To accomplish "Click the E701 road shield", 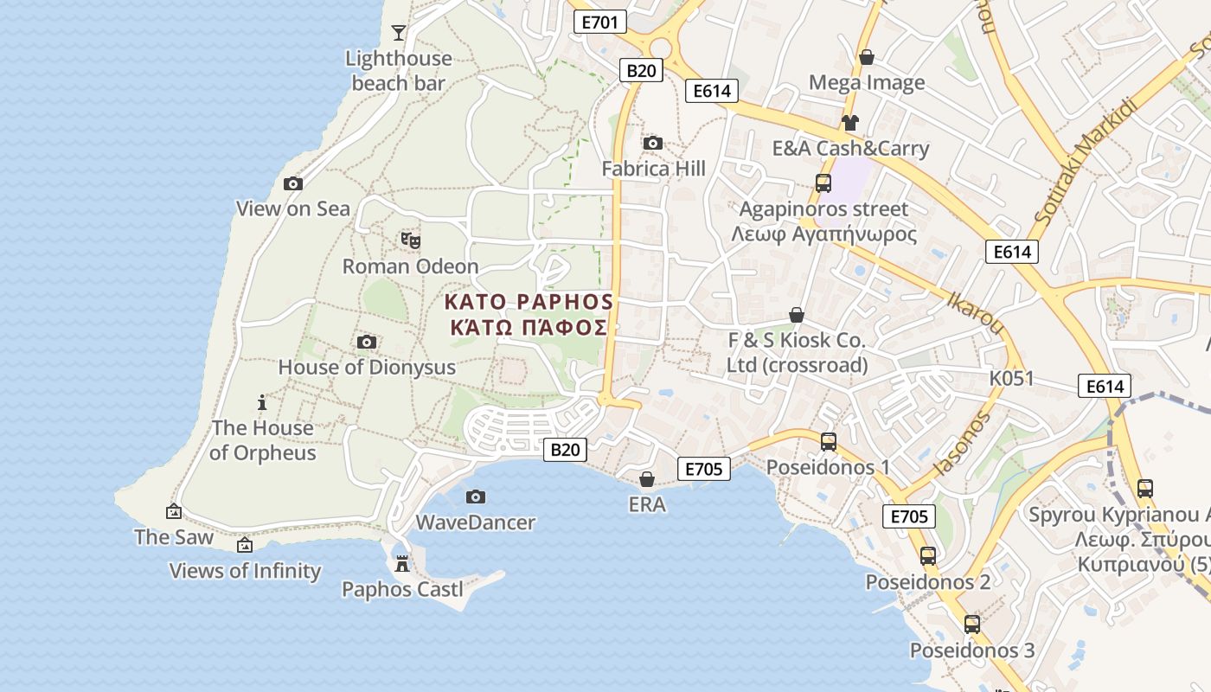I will click(x=599, y=22).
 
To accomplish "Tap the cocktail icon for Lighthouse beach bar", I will click(x=398, y=33).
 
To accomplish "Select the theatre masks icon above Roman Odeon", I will click(x=410, y=240).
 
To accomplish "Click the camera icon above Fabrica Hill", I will click(x=653, y=143).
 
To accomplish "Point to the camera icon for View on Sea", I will click(x=293, y=183).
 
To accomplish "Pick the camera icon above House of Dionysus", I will click(x=367, y=342).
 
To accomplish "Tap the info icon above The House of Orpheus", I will click(x=262, y=402).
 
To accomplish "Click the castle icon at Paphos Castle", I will click(x=401, y=564).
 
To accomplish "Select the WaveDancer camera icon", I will click(x=475, y=497).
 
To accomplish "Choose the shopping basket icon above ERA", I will click(x=647, y=478).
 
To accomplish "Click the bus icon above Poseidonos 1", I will click(x=828, y=442).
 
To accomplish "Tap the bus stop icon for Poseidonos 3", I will click(x=971, y=624).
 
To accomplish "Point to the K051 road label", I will click(x=1012, y=379).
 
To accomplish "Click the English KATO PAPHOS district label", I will click(x=529, y=302).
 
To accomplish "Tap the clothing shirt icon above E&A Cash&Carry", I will click(x=850, y=123).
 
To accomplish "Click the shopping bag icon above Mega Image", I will click(x=866, y=57).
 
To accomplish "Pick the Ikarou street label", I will click(x=975, y=311).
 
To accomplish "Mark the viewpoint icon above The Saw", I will click(x=174, y=511).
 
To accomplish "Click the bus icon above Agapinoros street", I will click(x=823, y=183).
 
